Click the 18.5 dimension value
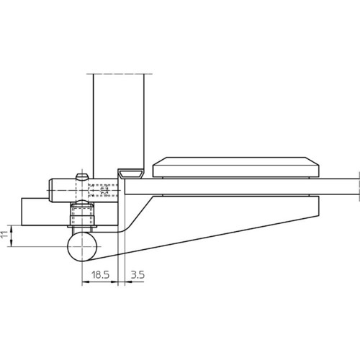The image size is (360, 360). pyautogui.click(x=100, y=274)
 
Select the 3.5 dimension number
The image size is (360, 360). pyautogui.click(x=138, y=274)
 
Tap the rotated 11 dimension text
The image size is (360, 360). pyautogui.click(x=4, y=235)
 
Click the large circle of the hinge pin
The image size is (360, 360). pyautogui.click(x=82, y=246)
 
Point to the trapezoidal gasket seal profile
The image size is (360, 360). pyautogui.click(x=132, y=174)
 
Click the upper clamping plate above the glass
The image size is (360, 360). pyautogui.click(x=236, y=167)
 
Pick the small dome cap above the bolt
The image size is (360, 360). pyautogui.click(x=82, y=177)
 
